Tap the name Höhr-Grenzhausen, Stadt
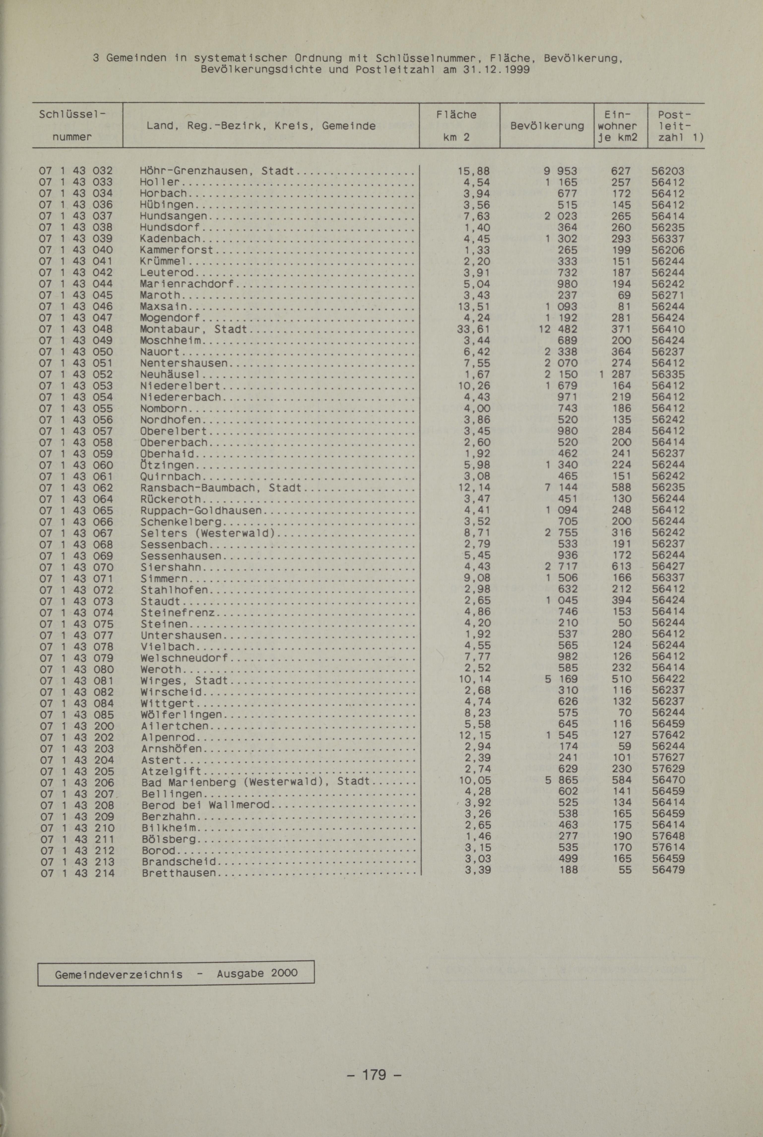(x=217, y=171)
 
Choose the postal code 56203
(x=668, y=171)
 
